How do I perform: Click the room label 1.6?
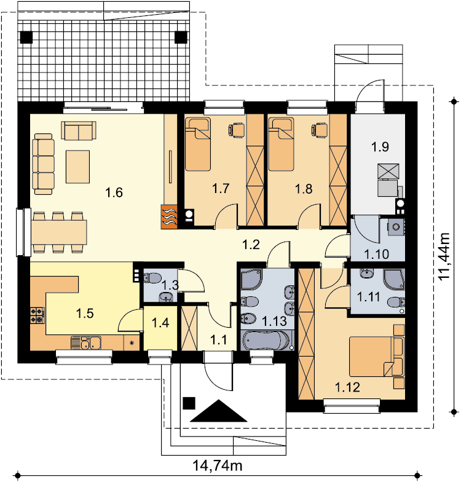[x=114, y=193]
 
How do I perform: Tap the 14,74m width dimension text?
[x=218, y=465]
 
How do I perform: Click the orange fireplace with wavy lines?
[x=168, y=216]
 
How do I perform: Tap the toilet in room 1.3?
[x=152, y=278]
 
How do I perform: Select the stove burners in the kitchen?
[x=37, y=316]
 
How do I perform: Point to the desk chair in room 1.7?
[x=236, y=129]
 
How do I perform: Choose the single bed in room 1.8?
[x=281, y=144]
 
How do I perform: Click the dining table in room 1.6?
[x=59, y=232]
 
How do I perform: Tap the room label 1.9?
[x=380, y=147]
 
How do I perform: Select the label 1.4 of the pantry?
[x=160, y=323]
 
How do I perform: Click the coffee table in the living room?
[x=77, y=167]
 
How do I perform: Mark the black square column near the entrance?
[x=189, y=403]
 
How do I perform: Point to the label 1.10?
[x=376, y=255]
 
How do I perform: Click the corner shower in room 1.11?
[x=394, y=280]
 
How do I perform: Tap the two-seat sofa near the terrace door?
[x=79, y=130]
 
